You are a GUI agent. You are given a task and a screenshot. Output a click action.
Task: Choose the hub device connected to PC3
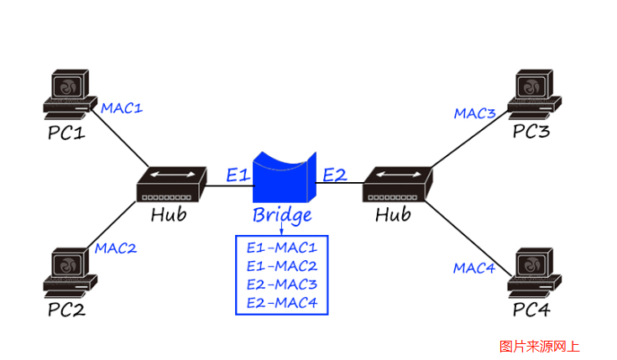[x=398, y=185]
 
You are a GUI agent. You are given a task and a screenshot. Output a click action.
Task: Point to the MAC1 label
[x=122, y=108]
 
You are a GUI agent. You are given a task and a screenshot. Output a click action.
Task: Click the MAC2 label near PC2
[x=115, y=248]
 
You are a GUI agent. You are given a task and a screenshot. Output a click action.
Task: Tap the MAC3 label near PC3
[x=475, y=113]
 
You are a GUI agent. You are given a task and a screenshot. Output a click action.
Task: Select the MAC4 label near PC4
[x=474, y=268]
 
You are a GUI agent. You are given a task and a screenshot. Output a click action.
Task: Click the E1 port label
[x=238, y=175]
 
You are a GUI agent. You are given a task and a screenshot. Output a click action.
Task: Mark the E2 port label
[x=334, y=175]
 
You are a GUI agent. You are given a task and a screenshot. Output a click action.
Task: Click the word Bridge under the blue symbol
[x=282, y=215]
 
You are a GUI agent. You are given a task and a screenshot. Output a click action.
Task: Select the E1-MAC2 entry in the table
[x=282, y=266]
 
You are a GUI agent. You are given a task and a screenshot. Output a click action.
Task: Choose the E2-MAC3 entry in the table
[x=282, y=284]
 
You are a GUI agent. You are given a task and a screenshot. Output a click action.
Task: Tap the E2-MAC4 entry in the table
[x=282, y=303]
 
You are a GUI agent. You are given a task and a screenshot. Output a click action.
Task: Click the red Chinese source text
[x=539, y=345]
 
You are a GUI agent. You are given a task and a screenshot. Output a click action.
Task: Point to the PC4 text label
[x=531, y=310]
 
